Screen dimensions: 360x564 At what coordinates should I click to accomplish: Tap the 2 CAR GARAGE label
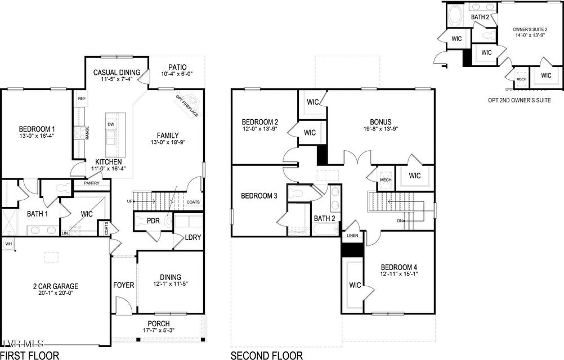[x=55, y=286]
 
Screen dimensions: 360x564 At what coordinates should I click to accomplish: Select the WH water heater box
[x=8, y=244]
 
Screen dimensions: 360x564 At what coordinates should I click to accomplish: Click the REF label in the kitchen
[x=82, y=98]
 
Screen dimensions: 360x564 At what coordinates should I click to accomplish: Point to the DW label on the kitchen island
[x=110, y=124]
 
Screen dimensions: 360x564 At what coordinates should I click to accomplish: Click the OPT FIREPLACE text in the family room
[x=187, y=105]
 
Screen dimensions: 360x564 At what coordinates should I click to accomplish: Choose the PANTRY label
[x=91, y=183]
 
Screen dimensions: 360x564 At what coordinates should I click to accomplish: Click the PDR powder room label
[x=154, y=222]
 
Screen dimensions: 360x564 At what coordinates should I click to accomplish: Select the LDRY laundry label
[x=193, y=237]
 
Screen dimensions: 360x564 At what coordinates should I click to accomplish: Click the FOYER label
[x=123, y=285]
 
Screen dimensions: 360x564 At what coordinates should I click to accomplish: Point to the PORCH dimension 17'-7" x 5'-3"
[x=159, y=330]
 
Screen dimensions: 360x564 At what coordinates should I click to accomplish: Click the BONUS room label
[x=381, y=121]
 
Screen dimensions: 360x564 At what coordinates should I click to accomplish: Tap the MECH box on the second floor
[x=386, y=180]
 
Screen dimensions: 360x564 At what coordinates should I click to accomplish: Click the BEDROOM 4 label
[x=399, y=267]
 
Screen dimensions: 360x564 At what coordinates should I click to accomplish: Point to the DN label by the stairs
[x=400, y=220]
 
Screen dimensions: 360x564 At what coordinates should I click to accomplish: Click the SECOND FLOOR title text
[x=266, y=355]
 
